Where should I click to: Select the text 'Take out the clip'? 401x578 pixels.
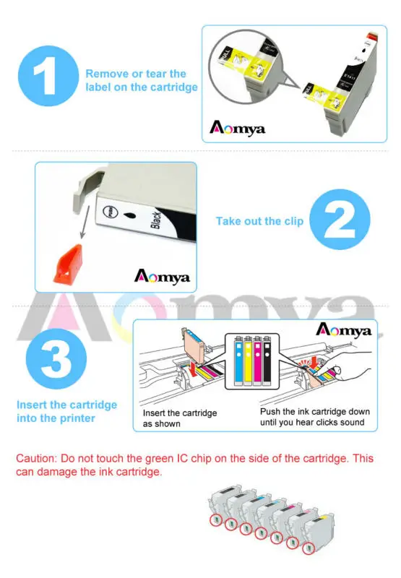point(259,221)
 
